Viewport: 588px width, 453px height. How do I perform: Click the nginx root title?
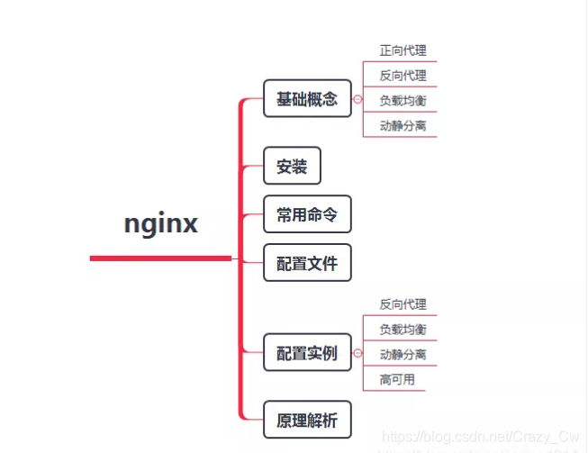[x=160, y=223]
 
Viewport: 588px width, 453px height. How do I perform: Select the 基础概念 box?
[x=307, y=98]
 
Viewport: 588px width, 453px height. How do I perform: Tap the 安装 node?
[x=292, y=167]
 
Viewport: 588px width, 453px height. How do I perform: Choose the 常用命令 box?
[x=307, y=214]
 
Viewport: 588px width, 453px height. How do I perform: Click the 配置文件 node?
[x=307, y=263]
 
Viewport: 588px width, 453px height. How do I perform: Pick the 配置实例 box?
[x=307, y=353]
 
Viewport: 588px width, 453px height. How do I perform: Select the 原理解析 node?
[x=307, y=419]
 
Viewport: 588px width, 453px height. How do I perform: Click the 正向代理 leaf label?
[x=403, y=50]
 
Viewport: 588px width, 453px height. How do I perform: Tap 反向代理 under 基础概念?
[x=403, y=76]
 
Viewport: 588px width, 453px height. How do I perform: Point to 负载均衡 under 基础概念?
[x=403, y=101]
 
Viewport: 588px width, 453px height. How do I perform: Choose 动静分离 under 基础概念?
[x=403, y=125]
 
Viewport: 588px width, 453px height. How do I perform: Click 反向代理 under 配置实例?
[x=403, y=304]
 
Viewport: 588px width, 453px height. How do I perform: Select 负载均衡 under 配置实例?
[x=403, y=330]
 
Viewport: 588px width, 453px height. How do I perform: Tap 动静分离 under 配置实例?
[x=403, y=354]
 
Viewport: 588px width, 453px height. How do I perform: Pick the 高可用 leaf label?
[x=396, y=379]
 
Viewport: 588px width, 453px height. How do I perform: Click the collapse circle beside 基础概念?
[x=357, y=99]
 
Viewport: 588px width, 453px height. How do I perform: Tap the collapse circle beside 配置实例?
[x=357, y=353]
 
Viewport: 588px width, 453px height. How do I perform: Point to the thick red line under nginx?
[x=160, y=258]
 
